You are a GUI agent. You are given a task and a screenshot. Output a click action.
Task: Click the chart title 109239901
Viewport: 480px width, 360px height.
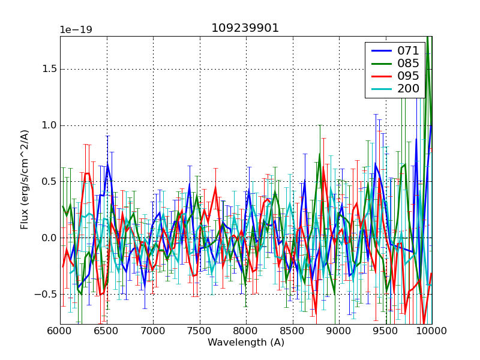pos(245,28)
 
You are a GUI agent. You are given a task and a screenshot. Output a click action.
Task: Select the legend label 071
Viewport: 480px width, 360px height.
pos(408,51)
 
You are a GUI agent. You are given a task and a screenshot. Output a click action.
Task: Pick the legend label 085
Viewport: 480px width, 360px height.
pos(408,64)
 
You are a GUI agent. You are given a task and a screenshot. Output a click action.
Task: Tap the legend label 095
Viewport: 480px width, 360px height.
pos(408,77)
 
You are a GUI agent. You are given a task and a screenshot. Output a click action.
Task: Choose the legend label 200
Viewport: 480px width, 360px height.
pos(408,90)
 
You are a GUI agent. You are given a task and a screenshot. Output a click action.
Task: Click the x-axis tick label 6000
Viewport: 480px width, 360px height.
pos(60,331)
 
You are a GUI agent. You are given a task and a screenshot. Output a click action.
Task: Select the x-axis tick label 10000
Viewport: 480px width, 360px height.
pos(431,331)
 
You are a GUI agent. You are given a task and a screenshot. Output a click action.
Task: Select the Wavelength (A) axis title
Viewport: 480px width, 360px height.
pos(246,343)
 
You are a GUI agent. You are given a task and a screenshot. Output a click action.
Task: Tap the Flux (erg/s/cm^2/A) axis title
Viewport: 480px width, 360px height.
pos(25,179)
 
